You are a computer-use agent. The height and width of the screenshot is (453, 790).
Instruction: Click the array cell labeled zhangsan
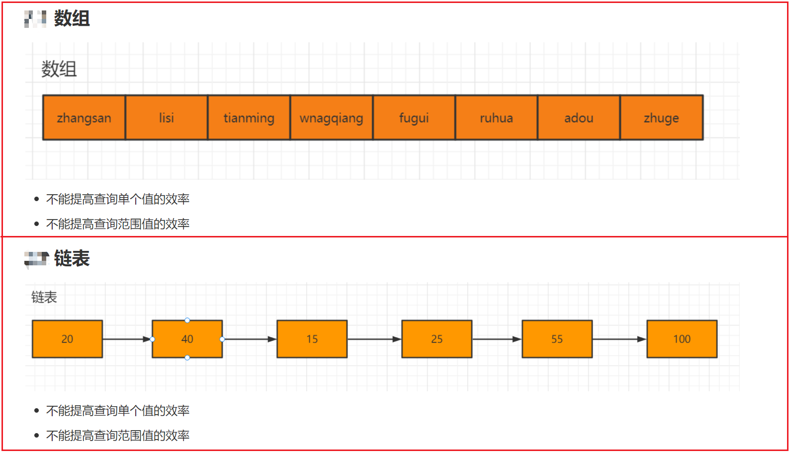pyautogui.click(x=84, y=117)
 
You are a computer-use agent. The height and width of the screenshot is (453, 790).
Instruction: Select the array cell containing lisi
pyautogui.click(x=167, y=117)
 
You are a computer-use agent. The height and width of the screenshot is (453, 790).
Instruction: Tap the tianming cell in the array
pyautogui.click(x=249, y=117)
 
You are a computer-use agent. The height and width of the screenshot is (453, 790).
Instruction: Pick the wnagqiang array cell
pyautogui.click(x=332, y=117)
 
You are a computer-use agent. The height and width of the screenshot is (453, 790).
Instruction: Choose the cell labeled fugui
pyautogui.click(x=414, y=117)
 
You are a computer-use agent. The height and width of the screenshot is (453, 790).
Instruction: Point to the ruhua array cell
pyautogui.click(x=497, y=117)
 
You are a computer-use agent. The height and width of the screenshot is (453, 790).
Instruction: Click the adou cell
pyautogui.click(x=579, y=117)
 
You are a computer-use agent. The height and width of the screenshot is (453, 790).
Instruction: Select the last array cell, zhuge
pyautogui.click(x=662, y=117)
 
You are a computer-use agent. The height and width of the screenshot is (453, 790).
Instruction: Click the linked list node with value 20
pyautogui.click(x=67, y=339)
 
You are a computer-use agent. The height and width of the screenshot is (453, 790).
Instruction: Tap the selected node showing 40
pyautogui.click(x=187, y=339)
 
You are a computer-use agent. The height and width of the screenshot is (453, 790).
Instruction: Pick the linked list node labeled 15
pyautogui.click(x=312, y=339)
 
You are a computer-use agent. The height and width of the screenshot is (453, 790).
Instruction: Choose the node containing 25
pyautogui.click(x=437, y=339)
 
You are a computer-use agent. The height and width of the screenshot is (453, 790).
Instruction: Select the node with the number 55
pyautogui.click(x=557, y=339)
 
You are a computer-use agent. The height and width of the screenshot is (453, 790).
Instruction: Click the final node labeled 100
pyautogui.click(x=682, y=339)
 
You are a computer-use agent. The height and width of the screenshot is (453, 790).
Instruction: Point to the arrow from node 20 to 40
pyautogui.click(x=127, y=340)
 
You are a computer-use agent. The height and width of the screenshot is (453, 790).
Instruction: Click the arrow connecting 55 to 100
pyautogui.click(x=619, y=340)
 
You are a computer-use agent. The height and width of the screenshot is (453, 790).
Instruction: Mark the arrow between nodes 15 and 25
pyautogui.click(x=374, y=340)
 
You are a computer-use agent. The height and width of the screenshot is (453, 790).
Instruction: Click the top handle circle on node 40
pyautogui.click(x=187, y=320)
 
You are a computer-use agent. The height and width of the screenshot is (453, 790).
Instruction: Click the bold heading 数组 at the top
pyautogui.click(x=72, y=18)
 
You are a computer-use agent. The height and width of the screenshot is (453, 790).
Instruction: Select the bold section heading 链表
pyautogui.click(x=72, y=258)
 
